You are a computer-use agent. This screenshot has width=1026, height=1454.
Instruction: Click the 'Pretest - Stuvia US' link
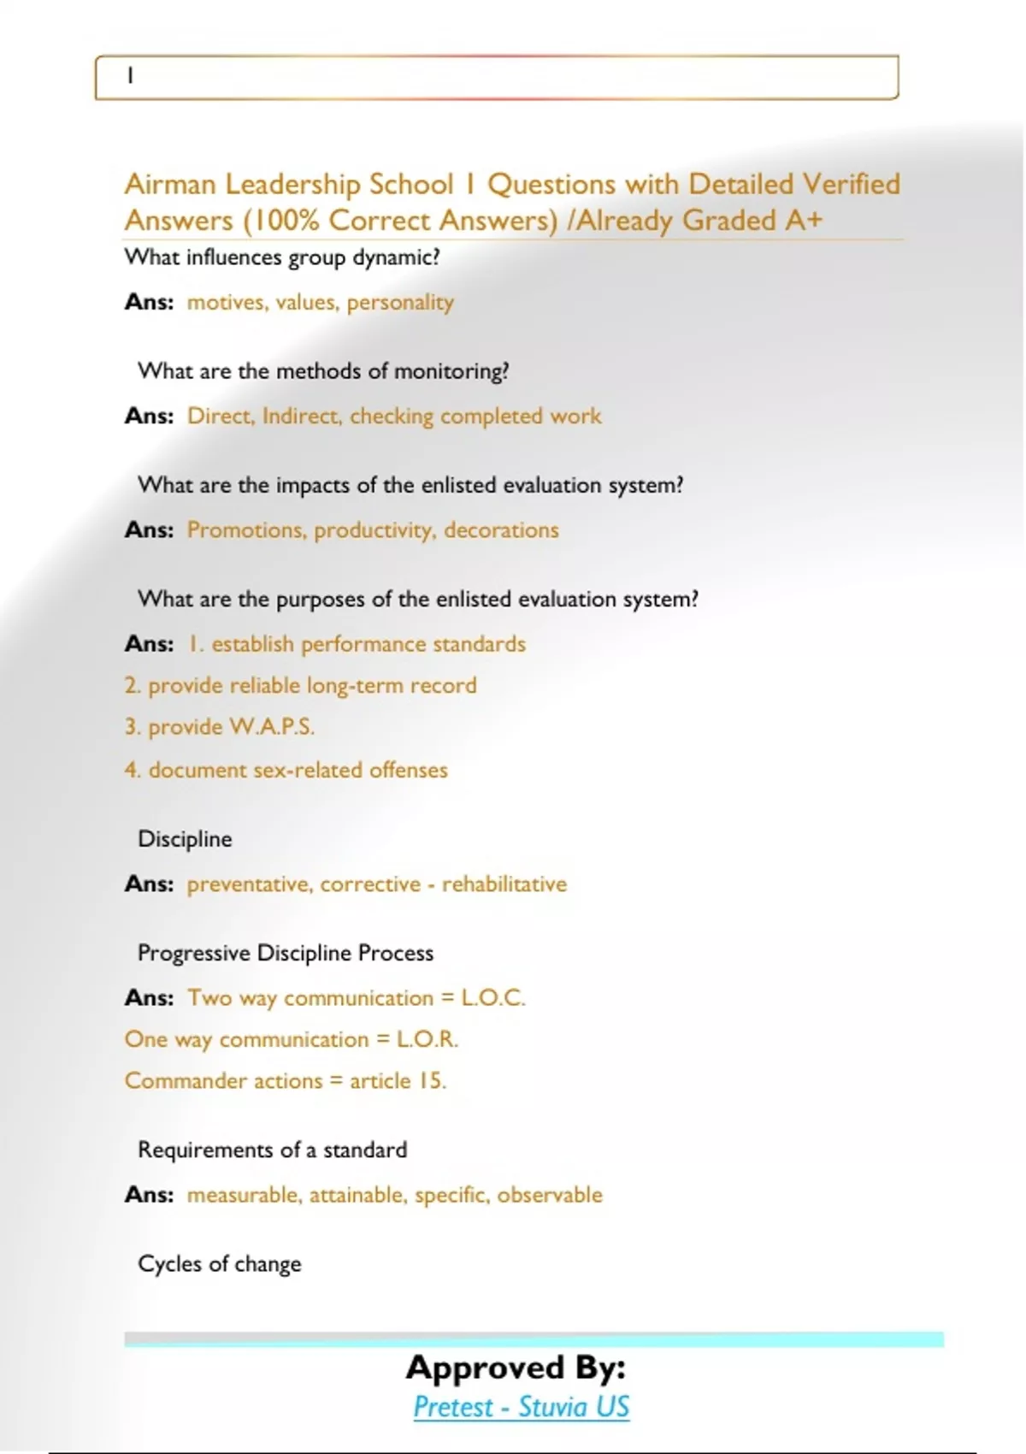click(x=521, y=1407)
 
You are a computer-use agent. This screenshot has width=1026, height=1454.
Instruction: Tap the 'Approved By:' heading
click(x=516, y=1367)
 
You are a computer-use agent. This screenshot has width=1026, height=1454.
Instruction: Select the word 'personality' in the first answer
click(x=400, y=303)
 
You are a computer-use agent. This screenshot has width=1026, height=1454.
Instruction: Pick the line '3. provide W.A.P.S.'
click(x=220, y=727)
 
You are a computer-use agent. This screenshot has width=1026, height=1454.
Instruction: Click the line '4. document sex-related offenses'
click(x=286, y=770)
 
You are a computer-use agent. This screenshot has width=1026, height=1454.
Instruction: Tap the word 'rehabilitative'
click(x=504, y=884)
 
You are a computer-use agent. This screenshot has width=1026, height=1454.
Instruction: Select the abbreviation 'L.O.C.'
click(x=493, y=998)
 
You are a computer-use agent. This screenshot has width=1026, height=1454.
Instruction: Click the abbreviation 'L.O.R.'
click(x=427, y=1039)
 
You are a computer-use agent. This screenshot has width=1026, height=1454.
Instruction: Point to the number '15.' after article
click(x=432, y=1081)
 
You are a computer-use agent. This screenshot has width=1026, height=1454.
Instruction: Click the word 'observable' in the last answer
click(x=550, y=1195)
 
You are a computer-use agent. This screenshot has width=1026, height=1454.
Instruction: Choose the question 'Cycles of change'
click(x=220, y=1264)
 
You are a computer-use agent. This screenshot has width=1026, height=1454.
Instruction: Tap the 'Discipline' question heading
click(x=185, y=839)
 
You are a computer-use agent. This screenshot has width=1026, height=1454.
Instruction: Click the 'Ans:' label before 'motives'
click(x=149, y=302)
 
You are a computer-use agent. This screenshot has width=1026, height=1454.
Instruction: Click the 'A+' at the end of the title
click(x=804, y=221)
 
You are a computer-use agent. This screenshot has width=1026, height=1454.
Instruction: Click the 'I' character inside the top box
click(x=130, y=76)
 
